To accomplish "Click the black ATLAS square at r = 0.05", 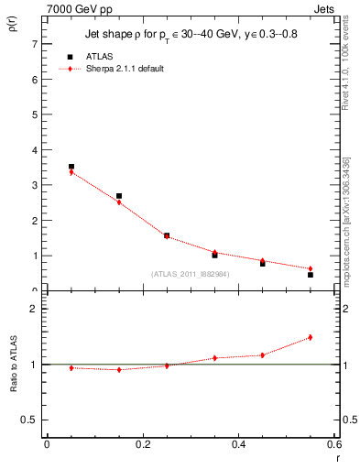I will pyautogui.click(x=71, y=167).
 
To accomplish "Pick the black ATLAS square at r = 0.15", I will pyautogui.click(x=119, y=196).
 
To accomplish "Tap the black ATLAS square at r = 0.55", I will pyautogui.click(x=311, y=275).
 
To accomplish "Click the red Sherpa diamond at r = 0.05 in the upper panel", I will pyautogui.click(x=71, y=172).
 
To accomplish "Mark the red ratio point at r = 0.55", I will pyautogui.click(x=311, y=337).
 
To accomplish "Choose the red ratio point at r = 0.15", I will pyautogui.click(x=119, y=369).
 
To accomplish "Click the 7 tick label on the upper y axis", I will pyautogui.click(x=34, y=44).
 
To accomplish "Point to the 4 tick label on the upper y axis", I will pyautogui.click(x=34, y=150).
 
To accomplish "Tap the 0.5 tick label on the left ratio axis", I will pyautogui.click(x=30, y=420).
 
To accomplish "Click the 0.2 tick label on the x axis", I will pyautogui.click(x=142, y=444).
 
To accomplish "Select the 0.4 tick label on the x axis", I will pyautogui.click(x=238, y=444).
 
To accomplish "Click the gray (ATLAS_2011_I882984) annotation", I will pyautogui.click(x=190, y=274).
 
